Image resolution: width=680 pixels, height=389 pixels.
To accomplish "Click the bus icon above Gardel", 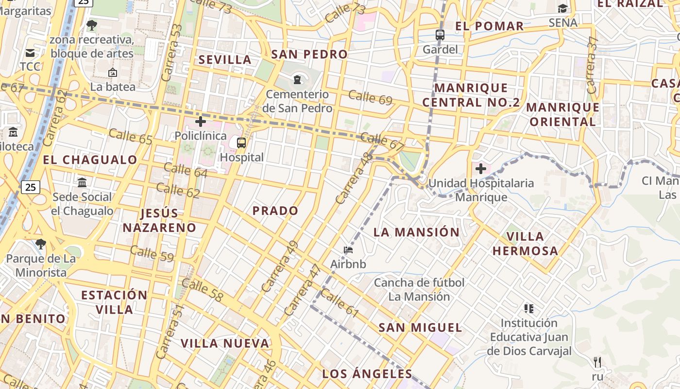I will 440,35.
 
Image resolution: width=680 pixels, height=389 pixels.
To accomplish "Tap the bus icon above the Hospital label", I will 241,143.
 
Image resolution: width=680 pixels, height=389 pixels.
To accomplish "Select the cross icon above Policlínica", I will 200,121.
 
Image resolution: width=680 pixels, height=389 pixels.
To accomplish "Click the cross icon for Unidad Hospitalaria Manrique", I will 481,169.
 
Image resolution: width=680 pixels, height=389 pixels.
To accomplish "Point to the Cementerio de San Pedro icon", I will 297,79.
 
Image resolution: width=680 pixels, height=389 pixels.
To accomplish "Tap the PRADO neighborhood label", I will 275,211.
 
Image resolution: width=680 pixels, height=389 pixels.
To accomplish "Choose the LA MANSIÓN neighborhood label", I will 416,232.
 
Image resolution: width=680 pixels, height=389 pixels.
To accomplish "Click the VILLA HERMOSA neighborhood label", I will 525,244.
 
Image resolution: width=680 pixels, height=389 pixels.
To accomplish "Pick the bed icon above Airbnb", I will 348,250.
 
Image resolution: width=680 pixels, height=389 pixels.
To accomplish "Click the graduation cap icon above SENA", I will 562,8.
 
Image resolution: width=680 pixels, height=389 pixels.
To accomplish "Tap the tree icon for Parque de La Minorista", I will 41,244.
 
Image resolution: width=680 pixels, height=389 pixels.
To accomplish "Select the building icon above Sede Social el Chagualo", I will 82,183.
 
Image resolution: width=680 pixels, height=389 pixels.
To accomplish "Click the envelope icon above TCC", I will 30,53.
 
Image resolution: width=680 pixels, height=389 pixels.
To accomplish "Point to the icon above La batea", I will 113,72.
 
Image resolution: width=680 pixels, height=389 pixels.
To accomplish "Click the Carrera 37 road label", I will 591,66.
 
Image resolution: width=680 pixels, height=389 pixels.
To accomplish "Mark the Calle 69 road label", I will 370,97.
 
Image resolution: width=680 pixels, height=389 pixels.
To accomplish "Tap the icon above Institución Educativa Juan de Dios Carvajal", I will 529,308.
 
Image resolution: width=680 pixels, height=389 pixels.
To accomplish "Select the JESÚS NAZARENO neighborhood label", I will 159,220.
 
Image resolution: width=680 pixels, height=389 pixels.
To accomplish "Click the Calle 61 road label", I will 340,303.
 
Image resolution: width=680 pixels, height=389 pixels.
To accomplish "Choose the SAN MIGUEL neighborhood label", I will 420,327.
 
